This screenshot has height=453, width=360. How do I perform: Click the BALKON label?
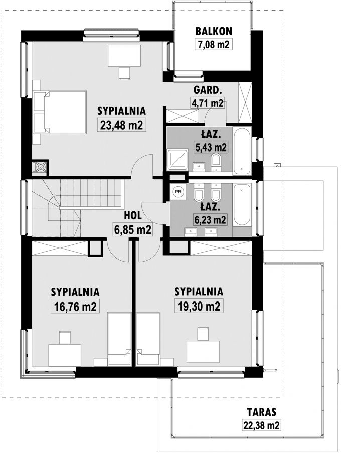(x=214, y=31)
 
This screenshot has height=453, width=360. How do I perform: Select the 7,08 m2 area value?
(x=214, y=45)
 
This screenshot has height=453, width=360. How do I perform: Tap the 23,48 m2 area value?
(x=121, y=125)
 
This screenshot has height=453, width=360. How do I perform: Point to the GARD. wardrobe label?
(x=208, y=90)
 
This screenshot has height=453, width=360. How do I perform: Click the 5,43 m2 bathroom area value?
(x=211, y=147)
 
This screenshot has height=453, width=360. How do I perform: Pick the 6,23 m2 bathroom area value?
(x=210, y=220)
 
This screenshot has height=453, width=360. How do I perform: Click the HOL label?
(x=133, y=215)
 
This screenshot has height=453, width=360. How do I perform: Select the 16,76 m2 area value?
(x=75, y=306)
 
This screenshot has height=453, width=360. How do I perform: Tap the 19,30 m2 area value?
(x=199, y=306)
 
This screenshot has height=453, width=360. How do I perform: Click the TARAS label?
(x=262, y=412)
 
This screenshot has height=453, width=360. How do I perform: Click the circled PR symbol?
(x=178, y=191)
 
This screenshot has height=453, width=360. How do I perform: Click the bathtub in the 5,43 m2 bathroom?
(x=242, y=150)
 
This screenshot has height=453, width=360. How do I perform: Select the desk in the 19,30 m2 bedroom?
(x=203, y=351)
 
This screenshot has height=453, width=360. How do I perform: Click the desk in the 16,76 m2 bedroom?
(x=64, y=355)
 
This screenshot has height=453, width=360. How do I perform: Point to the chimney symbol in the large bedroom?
(x=40, y=167)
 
